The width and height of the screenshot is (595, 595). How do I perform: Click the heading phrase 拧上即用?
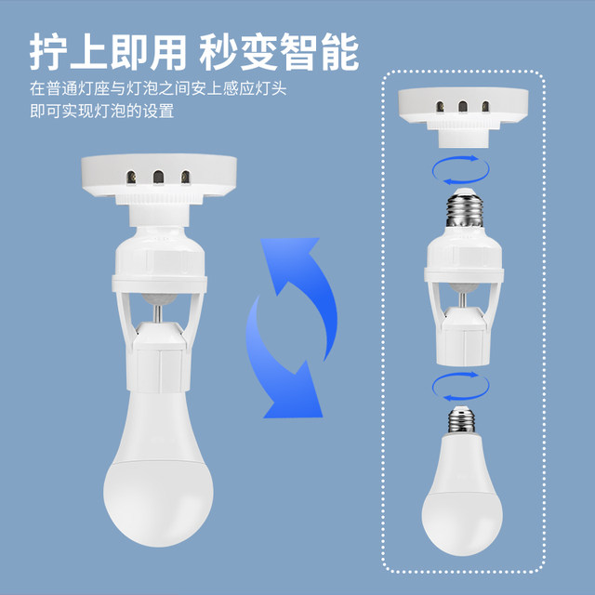pos(107,52)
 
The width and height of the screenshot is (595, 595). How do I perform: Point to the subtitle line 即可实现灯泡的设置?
pos(102,111)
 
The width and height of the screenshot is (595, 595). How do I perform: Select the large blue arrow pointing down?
pos(279,363)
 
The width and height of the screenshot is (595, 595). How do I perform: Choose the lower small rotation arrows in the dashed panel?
pos(457,383)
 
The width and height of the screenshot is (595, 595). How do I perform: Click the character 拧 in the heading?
pos(46,52)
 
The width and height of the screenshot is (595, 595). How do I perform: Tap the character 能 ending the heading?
pos(340,52)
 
